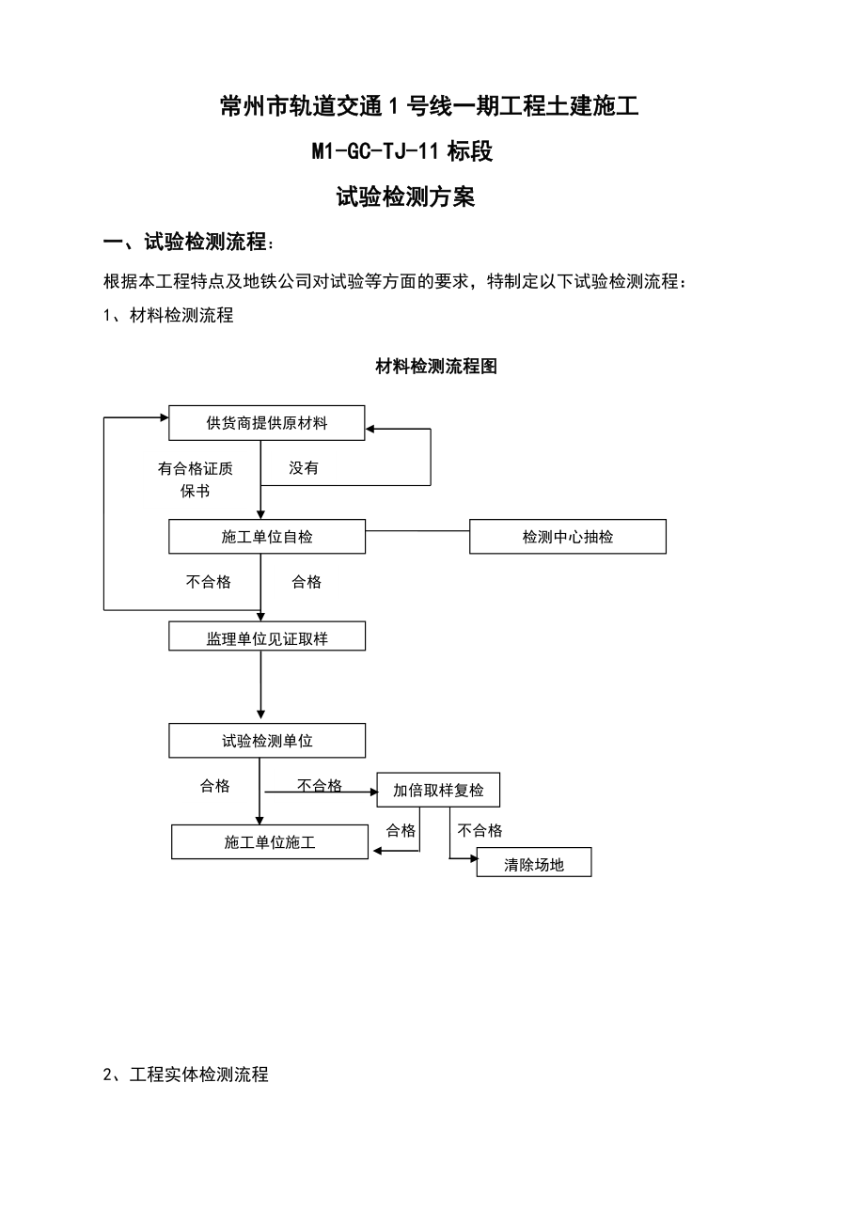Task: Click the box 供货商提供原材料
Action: tap(267, 423)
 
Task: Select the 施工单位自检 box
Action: tap(267, 537)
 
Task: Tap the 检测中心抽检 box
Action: tap(568, 537)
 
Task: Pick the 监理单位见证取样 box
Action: tap(267, 636)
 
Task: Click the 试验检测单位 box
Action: tap(267, 741)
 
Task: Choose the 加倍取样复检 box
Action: tap(438, 790)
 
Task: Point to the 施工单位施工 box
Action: tap(270, 842)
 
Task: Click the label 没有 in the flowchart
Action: tap(304, 468)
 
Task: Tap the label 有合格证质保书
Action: tap(195, 479)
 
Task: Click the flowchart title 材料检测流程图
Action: tap(436, 366)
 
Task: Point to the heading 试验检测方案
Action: tap(405, 196)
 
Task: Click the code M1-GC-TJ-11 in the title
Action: tap(375, 150)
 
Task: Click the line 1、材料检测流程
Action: tap(168, 315)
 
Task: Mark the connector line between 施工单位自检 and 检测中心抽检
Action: tap(417, 530)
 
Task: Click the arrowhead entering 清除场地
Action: tap(474, 858)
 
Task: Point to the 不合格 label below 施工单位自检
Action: tap(208, 581)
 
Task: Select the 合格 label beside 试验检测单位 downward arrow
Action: tap(214, 786)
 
